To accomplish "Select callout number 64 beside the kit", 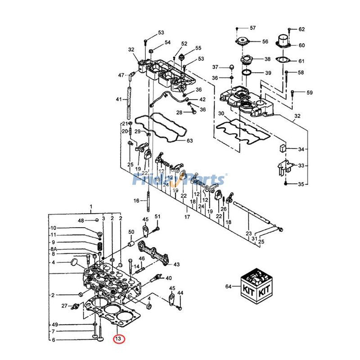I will click(228, 286).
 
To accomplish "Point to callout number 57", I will click(252, 28).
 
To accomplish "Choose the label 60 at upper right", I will click(301, 45).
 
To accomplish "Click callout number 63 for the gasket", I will click(189, 141).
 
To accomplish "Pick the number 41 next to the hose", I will click(119, 99).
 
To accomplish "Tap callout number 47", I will click(121, 75).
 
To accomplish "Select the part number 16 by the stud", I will click(136, 200).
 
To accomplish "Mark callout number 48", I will click(81, 220).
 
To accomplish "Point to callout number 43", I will click(176, 264).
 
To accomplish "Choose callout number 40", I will click(169, 278).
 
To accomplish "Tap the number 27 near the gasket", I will click(64, 306).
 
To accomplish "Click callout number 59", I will click(309, 93).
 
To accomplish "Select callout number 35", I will click(301, 184).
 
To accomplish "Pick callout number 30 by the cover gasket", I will click(220, 113).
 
